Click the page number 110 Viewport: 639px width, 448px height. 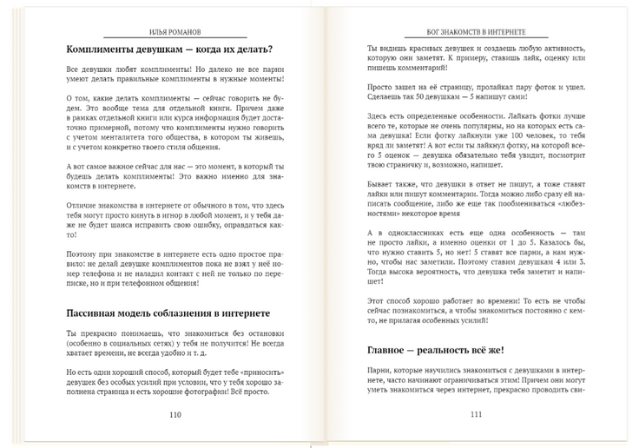tap(175, 414)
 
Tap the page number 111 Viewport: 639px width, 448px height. tap(476, 414)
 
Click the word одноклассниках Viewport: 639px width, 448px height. tap(418, 234)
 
